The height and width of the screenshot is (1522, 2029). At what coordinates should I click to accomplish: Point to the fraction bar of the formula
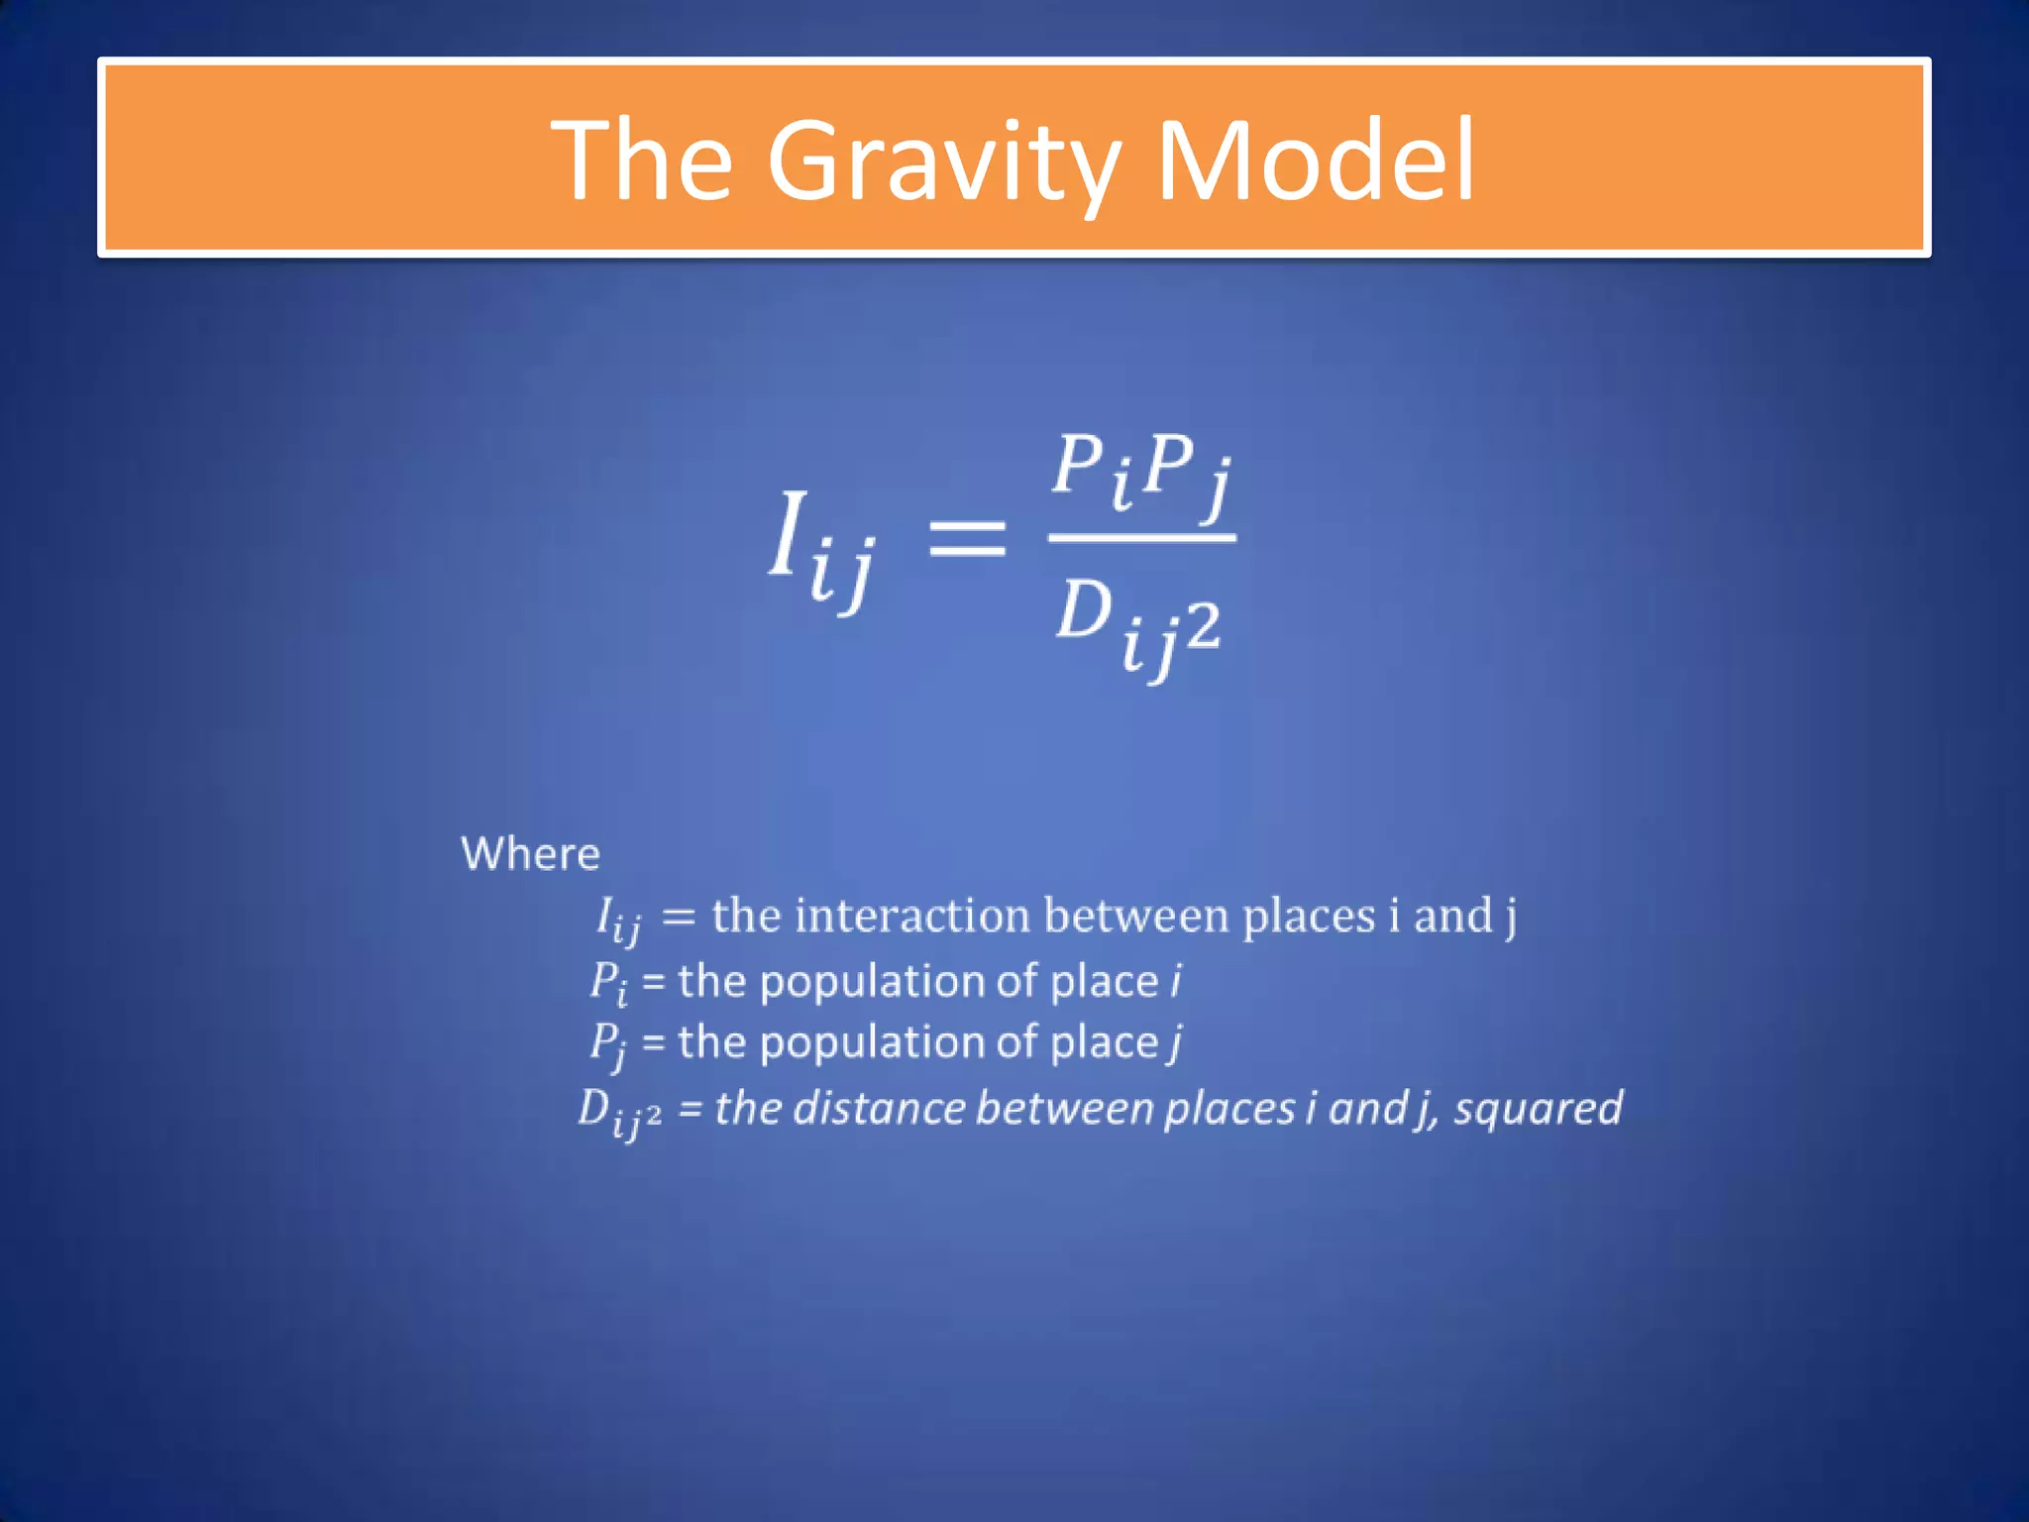[x=1141, y=538]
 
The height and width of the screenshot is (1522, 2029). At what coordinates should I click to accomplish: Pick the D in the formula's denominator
[x=1083, y=608]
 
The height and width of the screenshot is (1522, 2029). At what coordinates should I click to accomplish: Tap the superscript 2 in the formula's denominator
[x=1202, y=626]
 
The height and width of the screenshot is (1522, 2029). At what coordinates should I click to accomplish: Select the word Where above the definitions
[x=530, y=854]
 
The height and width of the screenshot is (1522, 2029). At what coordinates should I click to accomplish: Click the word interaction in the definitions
[x=911, y=915]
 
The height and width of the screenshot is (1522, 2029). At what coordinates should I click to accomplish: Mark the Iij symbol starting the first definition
[x=617, y=919]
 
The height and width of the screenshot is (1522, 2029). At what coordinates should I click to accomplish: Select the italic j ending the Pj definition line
[x=1175, y=1042]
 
